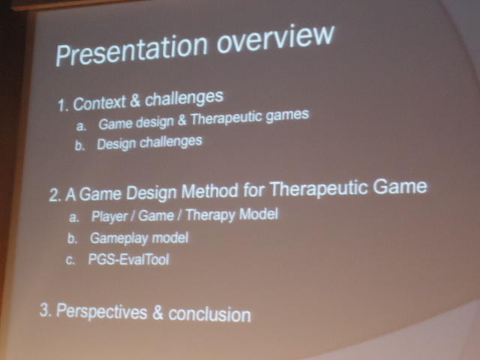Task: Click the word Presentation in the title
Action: click(x=132, y=50)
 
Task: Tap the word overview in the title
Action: click(x=275, y=38)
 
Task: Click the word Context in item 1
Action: click(x=100, y=103)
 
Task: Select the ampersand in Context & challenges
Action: click(x=135, y=100)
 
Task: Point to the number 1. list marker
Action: click(x=63, y=106)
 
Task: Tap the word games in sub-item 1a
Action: click(x=287, y=115)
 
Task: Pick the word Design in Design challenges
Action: click(x=116, y=144)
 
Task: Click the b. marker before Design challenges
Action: click(x=79, y=145)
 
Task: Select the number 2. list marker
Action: click(x=55, y=195)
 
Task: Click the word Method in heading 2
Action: click(x=210, y=191)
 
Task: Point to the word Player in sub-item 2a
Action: click(x=109, y=217)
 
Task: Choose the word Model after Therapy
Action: click(x=258, y=214)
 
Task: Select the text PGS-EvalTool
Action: click(x=128, y=259)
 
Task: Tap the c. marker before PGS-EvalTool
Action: click(x=70, y=260)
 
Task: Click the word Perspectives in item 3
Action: click(x=102, y=312)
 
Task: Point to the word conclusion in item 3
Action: click(x=210, y=315)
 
